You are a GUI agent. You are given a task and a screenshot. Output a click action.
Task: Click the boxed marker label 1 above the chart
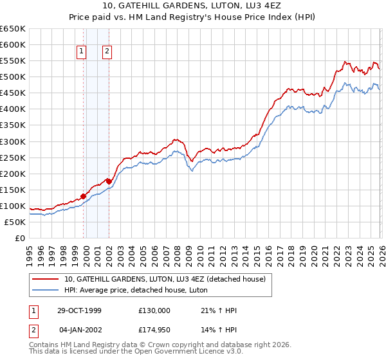pyautogui.click(x=83, y=53)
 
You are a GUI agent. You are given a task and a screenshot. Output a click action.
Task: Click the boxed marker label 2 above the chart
pyautogui.click(x=107, y=53)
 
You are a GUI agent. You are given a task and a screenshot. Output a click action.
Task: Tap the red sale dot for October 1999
pyautogui.click(x=84, y=196)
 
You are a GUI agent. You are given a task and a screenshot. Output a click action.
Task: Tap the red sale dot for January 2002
pyautogui.click(x=109, y=181)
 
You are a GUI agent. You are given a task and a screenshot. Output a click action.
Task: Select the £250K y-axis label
pyautogui.click(x=13, y=157)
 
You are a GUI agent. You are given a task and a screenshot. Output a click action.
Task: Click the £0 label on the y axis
pyautogui.click(x=19, y=238)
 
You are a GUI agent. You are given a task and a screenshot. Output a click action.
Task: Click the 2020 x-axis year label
pyautogui.click(x=312, y=251)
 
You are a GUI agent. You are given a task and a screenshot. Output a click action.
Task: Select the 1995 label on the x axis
pyautogui.click(x=29, y=251)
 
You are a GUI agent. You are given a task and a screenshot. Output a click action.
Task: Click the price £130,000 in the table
pyautogui.click(x=154, y=310)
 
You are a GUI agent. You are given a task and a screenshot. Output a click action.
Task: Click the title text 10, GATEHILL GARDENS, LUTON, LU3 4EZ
pyautogui.click(x=193, y=7)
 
